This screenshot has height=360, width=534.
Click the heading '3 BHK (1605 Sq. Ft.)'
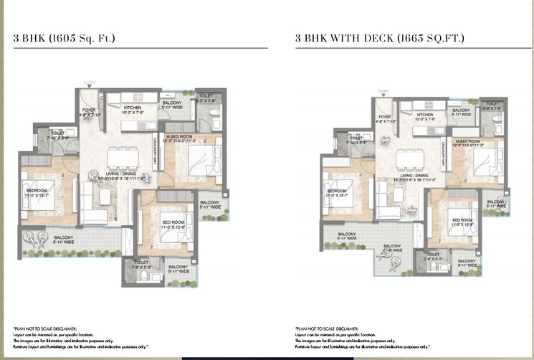coord(65,38)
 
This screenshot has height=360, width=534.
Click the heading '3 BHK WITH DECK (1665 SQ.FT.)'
coord(379,38)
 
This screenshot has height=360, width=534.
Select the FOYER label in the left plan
coord(89,112)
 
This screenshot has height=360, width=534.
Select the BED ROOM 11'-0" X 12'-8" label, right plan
coord(462,222)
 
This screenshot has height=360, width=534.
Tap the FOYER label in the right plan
coord(385,118)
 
